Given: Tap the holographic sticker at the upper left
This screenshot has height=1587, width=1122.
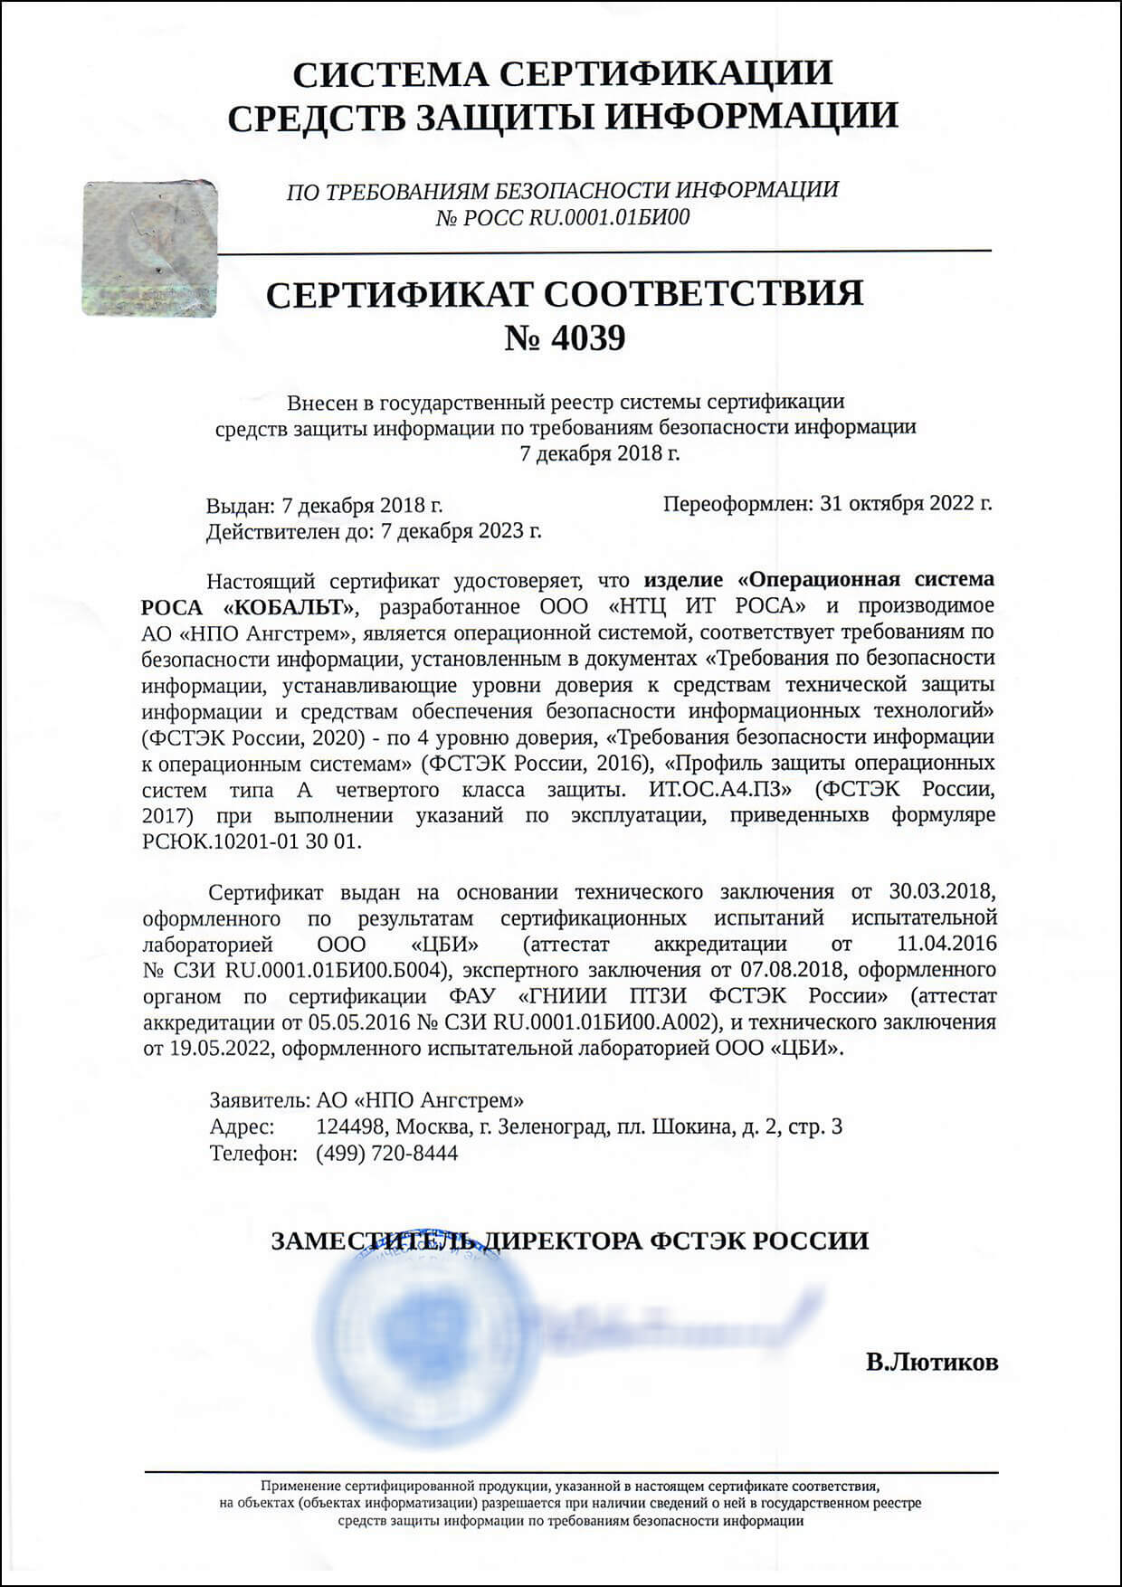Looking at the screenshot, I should click(150, 249).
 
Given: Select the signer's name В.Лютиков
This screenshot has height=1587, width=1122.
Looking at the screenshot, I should click(931, 1362).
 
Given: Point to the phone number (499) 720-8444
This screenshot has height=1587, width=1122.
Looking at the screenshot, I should click(386, 1154).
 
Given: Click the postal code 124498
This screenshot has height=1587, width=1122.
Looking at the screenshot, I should click(351, 1127).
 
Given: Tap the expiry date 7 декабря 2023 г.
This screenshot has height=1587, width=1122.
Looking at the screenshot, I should click(461, 530).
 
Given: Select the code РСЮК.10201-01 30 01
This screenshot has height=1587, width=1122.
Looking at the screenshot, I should click(252, 841).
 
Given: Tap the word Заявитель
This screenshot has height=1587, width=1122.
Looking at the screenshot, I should click(260, 1101).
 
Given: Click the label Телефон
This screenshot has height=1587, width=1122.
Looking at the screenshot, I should click(253, 1154).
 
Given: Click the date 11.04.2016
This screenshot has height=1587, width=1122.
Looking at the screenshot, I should click(946, 945).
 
